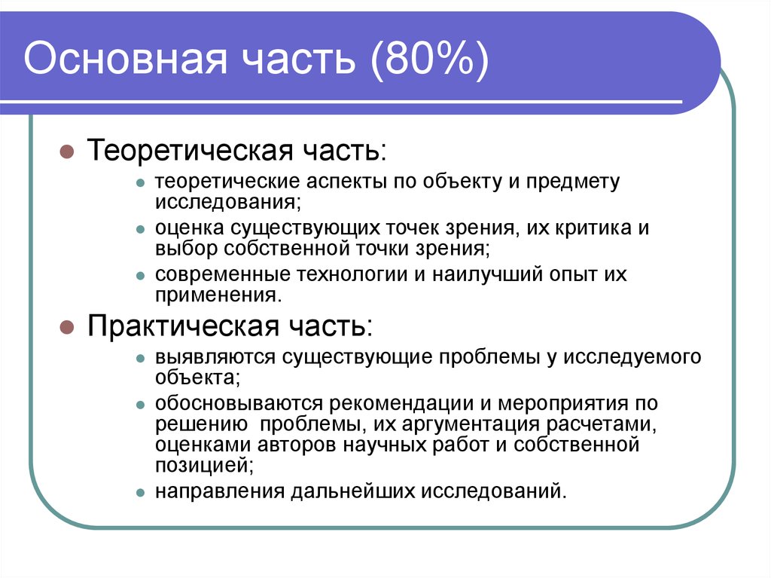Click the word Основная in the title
[x=126, y=59]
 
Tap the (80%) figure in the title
[x=430, y=60]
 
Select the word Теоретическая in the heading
[x=190, y=150]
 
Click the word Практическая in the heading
[x=184, y=326]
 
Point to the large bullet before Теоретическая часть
[x=66, y=151]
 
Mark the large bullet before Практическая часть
[x=66, y=327]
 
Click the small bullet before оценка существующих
[x=141, y=229]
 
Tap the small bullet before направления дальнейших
[x=141, y=493]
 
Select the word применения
[x=218, y=295]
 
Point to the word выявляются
[x=215, y=357]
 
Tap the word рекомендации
[x=402, y=404]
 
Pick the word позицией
[x=203, y=466]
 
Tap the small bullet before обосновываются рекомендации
[x=141, y=405]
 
